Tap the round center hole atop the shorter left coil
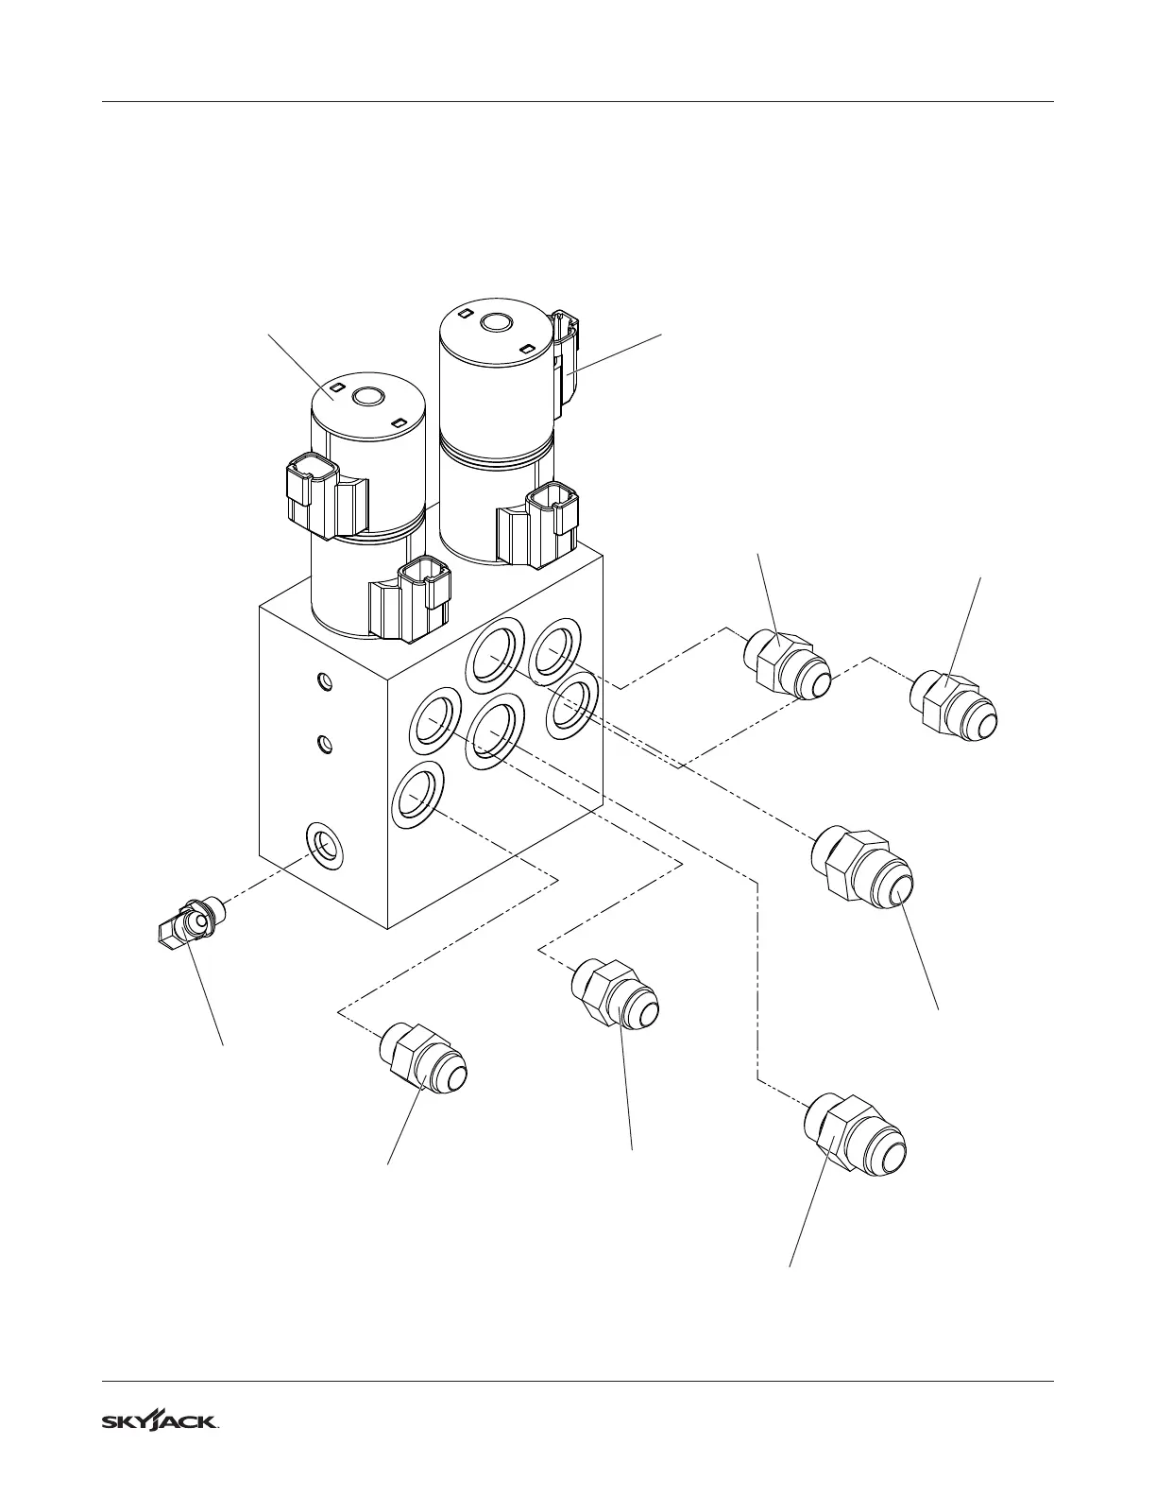(367, 396)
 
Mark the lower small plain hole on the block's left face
(324, 744)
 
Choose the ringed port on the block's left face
(324, 845)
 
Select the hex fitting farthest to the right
(954, 708)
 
